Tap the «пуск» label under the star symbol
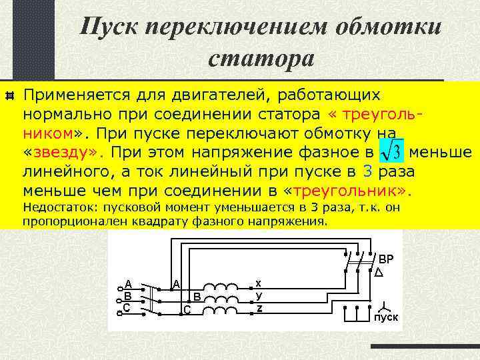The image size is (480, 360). pos(386,317)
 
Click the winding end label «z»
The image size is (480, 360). pos(259,307)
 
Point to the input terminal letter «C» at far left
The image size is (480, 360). pos(127,307)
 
